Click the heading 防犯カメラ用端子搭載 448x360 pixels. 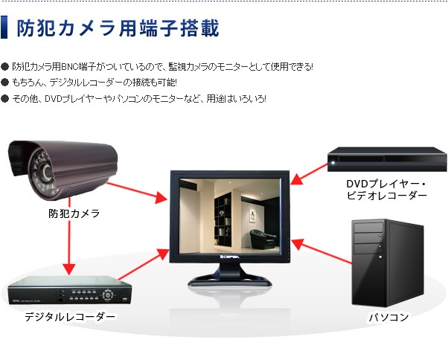click(x=118, y=28)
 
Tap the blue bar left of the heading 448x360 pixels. click(x=4, y=27)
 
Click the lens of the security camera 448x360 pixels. click(x=47, y=172)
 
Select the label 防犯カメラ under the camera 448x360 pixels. click(x=74, y=213)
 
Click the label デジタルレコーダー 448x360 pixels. click(x=70, y=317)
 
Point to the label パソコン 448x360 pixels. click(x=388, y=317)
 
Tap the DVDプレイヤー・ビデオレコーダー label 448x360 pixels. click(x=386, y=190)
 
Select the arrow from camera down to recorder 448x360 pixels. click(x=69, y=237)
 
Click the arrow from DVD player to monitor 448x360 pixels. click(x=309, y=174)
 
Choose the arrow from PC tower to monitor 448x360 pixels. click(x=321, y=251)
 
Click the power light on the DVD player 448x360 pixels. click(x=333, y=163)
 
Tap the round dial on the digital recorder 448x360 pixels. click(x=108, y=294)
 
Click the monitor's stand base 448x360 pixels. click(x=230, y=280)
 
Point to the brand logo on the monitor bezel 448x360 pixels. click(x=230, y=257)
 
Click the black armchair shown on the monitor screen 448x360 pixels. click(x=263, y=239)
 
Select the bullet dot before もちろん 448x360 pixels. click(x=5, y=83)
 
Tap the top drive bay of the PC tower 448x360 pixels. click(x=368, y=228)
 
